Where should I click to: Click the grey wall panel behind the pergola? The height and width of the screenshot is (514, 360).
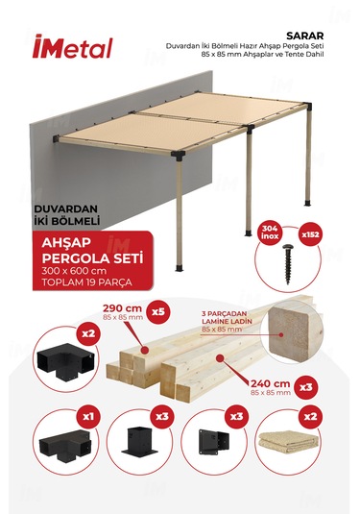click(58, 173)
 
